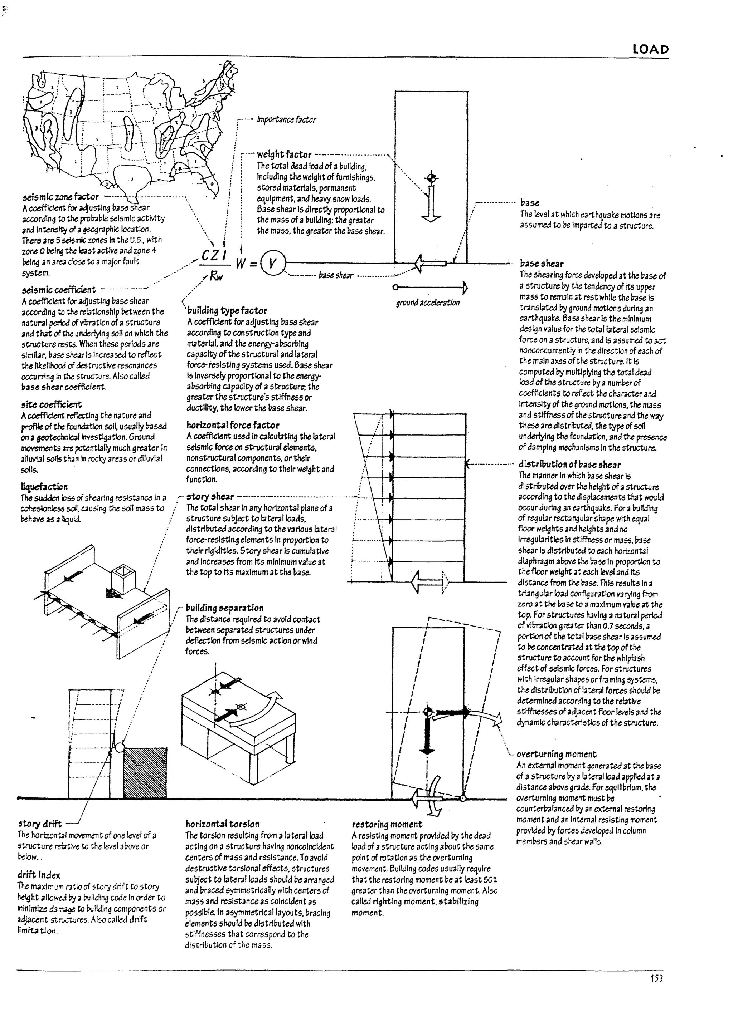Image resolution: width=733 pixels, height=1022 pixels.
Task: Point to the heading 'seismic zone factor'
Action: click(x=60, y=197)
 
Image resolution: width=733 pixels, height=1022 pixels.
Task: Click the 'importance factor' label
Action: click(x=286, y=120)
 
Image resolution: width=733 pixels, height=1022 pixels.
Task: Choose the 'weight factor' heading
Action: click(x=284, y=154)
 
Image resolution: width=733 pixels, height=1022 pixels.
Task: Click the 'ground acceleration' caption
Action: click(x=428, y=303)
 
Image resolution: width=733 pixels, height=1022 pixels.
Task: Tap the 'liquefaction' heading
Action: click(x=44, y=487)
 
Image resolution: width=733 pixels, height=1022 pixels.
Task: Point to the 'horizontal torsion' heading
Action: click(x=222, y=824)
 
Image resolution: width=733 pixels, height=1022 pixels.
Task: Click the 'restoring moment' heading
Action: click(x=387, y=824)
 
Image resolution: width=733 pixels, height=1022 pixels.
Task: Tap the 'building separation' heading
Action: click(x=224, y=608)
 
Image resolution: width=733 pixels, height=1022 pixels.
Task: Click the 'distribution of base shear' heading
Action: click(x=569, y=465)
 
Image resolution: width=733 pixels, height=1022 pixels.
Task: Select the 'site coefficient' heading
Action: click(x=52, y=404)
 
